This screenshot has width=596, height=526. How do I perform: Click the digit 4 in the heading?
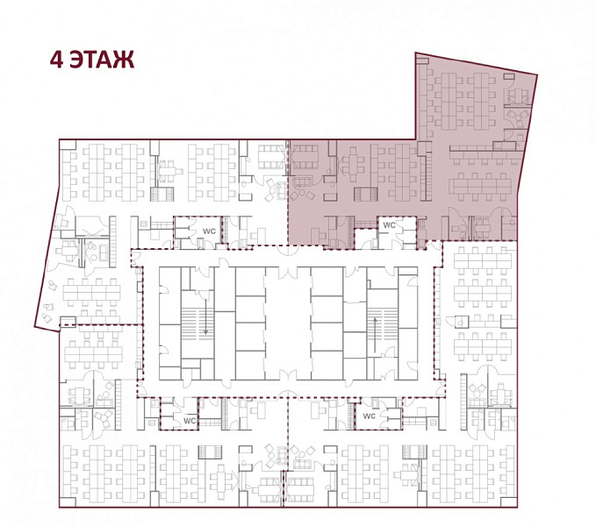click(x=57, y=60)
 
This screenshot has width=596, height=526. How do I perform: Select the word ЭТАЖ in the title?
click(x=102, y=60)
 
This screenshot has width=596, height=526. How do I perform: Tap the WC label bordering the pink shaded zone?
click(x=389, y=225)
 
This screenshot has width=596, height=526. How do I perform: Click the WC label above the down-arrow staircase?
click(x=209, y=231)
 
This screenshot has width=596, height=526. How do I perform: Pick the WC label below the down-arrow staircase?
click(x=190, y=421)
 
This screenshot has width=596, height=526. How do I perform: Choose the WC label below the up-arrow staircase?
click(x=369, y=416)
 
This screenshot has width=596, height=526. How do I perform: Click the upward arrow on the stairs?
click(x=375, y=335)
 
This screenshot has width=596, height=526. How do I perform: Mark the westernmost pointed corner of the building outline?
click(x=34, y=326)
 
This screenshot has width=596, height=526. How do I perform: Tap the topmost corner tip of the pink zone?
click(x=415, y=53)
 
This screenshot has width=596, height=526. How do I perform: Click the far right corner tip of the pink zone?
click(x=537, y=75)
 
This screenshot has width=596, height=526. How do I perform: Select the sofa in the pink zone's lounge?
click(x=302, y=181)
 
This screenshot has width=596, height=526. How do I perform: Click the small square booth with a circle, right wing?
click(x=462, y=322)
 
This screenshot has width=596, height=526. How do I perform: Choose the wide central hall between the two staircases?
click(x=288, y=323)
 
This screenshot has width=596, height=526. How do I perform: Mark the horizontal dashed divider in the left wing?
click(x=100, y=325)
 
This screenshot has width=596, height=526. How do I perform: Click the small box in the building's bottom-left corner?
click(x=64, y=501)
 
